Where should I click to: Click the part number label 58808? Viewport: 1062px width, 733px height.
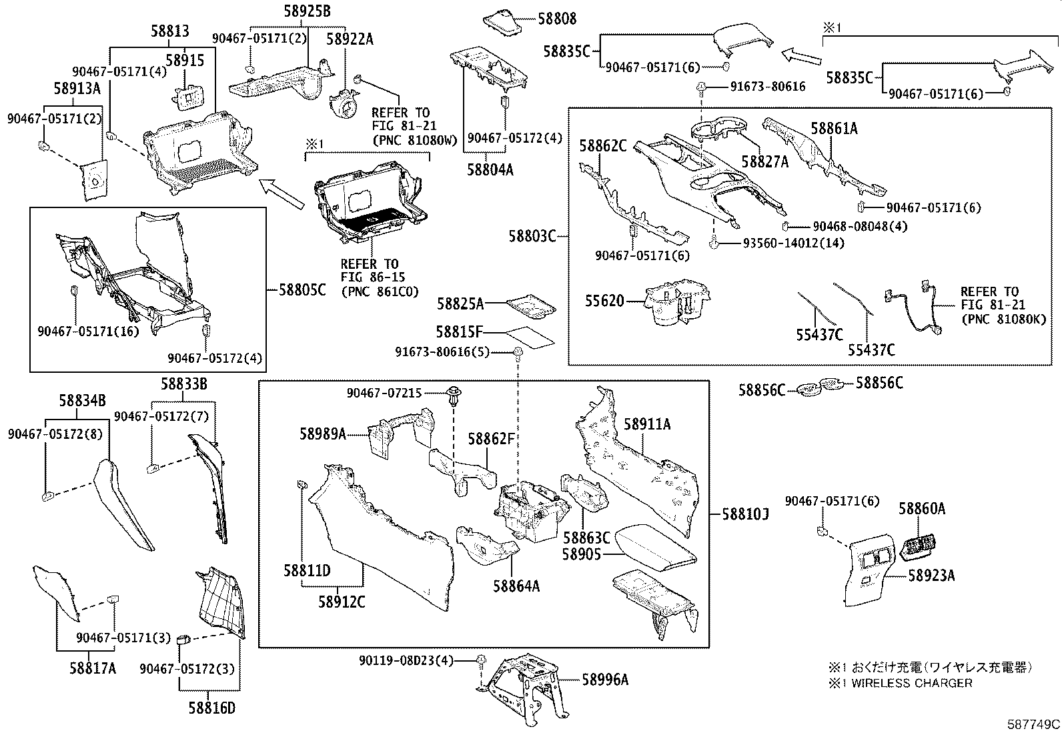coord(557,19)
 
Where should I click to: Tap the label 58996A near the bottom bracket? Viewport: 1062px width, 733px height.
coord(605,680)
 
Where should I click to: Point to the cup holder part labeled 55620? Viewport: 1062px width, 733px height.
coord(677,303)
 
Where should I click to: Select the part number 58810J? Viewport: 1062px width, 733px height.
coord(746,514)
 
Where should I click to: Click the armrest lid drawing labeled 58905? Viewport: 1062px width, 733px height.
coord(654,547)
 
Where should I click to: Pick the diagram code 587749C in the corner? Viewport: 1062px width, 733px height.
coord(1033,724)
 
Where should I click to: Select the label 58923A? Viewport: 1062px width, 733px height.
coord(931,575)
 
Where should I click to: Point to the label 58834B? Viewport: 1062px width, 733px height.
coord(82,401)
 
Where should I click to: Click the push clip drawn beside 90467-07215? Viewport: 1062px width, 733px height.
coord(455,397)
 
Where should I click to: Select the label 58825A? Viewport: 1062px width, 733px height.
coord(460,304)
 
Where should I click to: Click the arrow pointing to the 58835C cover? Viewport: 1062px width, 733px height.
coord(801,55)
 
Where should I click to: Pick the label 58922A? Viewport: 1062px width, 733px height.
coord(349,39)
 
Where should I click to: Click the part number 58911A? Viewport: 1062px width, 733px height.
coord(647,424)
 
